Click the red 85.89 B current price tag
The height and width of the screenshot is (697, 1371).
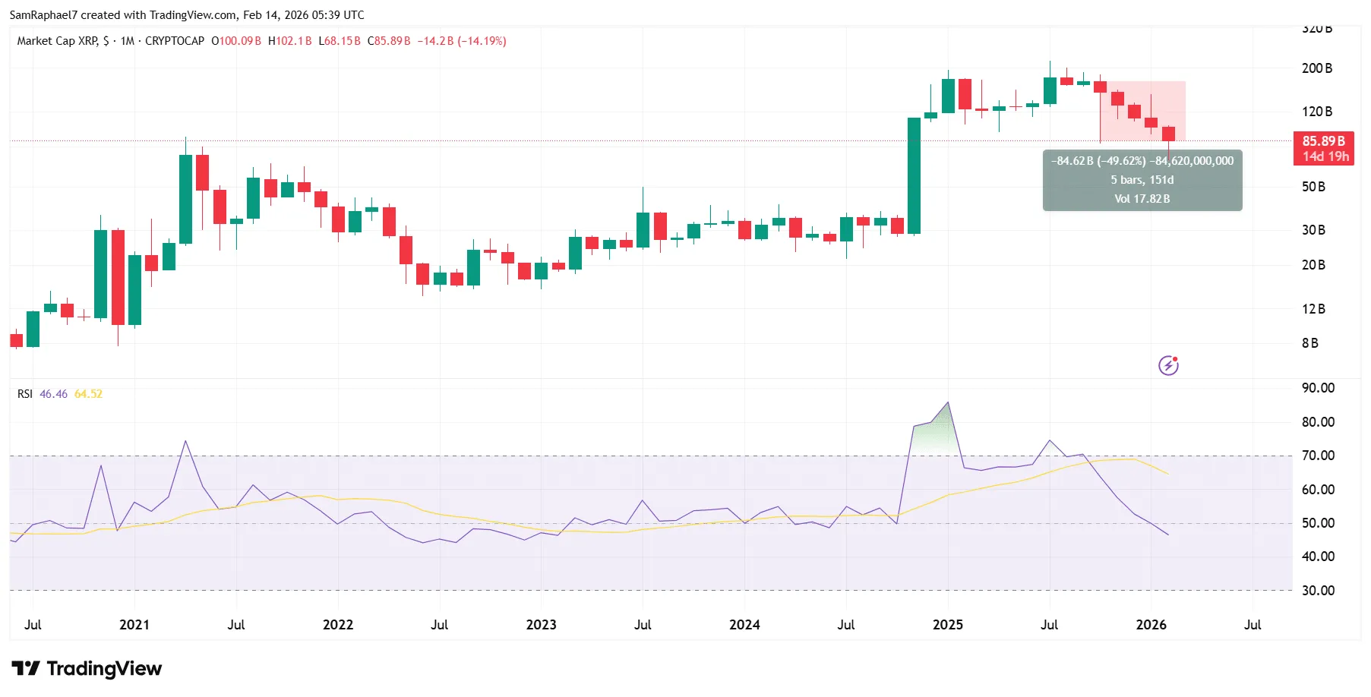click(1323, 141)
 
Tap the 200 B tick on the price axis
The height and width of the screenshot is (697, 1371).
click(1316, 68)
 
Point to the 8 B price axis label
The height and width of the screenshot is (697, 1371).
click(1309, 343)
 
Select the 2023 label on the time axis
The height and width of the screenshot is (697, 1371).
click(541, 625)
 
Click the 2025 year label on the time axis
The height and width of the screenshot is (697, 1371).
click(947, 625)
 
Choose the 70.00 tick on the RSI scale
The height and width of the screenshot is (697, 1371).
click(1318, 456)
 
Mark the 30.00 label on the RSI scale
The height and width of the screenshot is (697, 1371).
click(1318, 591)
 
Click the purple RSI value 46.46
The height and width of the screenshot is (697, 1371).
click(53, 394)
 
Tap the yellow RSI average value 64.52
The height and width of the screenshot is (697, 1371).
click(88, 394)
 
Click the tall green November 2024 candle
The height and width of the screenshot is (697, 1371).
click(914, 175)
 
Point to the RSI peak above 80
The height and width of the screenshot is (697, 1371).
click(947, 403)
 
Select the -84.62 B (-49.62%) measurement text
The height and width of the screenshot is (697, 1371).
click(1098, 161)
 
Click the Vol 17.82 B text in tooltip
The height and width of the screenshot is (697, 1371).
click(1142, 199)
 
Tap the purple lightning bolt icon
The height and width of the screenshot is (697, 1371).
click(1168, 366)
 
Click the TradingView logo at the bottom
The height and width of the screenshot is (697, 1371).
click(87, 669)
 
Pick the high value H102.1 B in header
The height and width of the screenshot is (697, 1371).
click(289, 41)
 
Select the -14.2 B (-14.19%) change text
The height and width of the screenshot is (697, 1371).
click(461, 41)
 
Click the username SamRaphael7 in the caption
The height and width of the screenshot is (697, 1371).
click(43, 15)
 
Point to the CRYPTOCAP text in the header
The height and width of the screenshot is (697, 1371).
click(174, 41)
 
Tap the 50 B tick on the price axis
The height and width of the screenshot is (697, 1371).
click(1313, 187)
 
